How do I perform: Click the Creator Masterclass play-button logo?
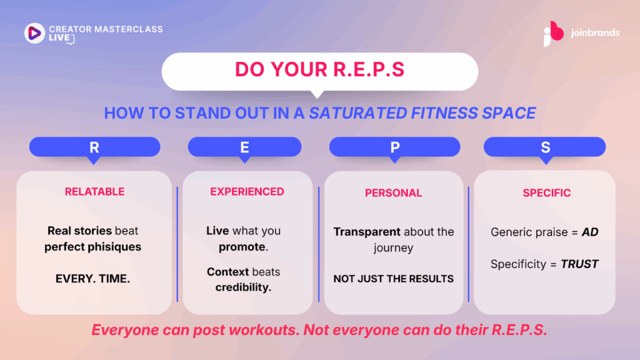point(34,33)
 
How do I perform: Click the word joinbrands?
point(595,32)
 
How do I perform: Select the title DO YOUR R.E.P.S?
point(319,69)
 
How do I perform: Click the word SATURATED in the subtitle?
point(358,113)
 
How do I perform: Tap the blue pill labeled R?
point(95,147)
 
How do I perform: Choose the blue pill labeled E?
point(244,147)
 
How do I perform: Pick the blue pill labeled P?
point(395,147)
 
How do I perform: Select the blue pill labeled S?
point(544,147)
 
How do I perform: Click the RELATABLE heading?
point(95,191)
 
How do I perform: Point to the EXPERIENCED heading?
point(247,191)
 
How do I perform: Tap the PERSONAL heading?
point(394,192)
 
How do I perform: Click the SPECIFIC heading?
point(546,192)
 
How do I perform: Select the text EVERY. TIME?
point(92,278)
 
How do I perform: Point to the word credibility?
point(243,287)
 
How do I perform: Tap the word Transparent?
point(367,232)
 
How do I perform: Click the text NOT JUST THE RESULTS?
point(394,279)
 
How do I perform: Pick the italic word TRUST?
point(579,264)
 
